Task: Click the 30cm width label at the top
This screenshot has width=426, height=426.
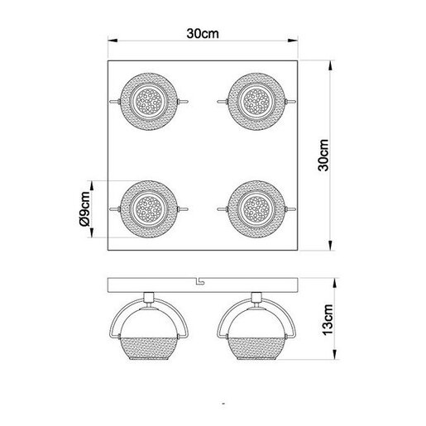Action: pos(203,35)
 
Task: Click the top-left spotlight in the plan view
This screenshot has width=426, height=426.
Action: pos(149,101)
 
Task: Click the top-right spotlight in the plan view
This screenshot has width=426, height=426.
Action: pos(255,101)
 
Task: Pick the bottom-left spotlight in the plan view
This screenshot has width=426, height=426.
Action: pos(149,208)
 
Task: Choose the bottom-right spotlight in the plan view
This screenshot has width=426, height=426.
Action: pos(255,208)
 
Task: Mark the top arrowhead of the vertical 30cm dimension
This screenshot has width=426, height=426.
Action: pos(333,63)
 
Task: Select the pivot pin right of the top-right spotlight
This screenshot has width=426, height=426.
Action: pos(292,101)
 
